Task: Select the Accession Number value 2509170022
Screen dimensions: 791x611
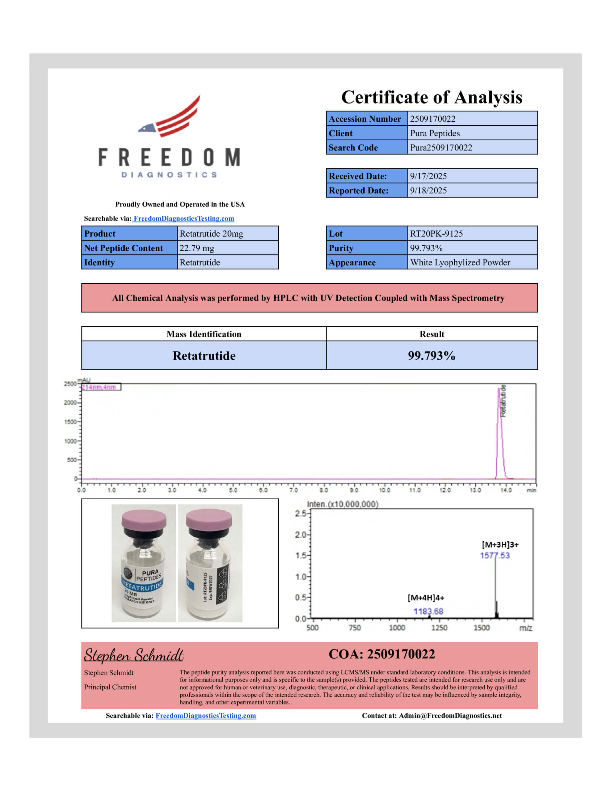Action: click(x=432, y=119)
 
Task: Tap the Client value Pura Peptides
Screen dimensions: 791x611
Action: click(x=435, y=133)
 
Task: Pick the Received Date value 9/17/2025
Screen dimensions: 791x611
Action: click(x=428, y=176)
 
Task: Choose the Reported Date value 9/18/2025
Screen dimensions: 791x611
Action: click(x=428, y=191)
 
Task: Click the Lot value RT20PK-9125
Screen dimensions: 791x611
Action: click(x=436, y=234)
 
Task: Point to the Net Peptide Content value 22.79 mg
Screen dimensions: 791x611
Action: click(x=197, y=248)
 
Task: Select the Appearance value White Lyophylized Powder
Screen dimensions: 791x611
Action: click(x=460, y=263)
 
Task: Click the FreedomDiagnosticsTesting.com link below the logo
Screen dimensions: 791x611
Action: click(x=183, y=218)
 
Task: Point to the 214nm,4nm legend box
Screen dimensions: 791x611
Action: click(x=101, y=387)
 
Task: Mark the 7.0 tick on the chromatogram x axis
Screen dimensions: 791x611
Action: click(x=293, y=490)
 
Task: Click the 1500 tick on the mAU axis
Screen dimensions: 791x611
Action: click(x=70, y=422)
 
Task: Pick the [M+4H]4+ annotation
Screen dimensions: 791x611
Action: click(x=426, y=598)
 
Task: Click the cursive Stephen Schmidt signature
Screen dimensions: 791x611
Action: click(x=134, y=656)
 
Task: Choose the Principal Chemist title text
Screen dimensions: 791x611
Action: click(x=110, y=687)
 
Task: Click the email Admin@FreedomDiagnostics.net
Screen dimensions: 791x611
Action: click(x=450, y=716)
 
